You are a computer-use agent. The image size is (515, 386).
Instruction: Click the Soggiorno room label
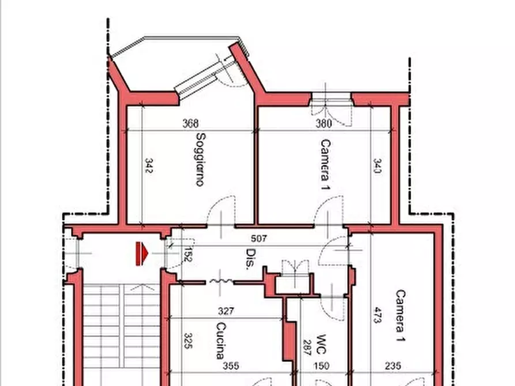[x=201, y=159]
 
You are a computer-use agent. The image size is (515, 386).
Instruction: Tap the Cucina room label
[x=221, y=340]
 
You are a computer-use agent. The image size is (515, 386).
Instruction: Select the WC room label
[x=321, y=345]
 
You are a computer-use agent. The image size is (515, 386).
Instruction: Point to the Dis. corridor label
[x=251, y=259]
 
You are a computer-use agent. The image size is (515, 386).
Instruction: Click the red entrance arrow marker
[x=142, y=253]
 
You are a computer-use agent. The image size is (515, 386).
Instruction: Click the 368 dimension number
[x=190, y=123]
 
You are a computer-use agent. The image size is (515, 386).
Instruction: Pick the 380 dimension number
[x=324, y=123]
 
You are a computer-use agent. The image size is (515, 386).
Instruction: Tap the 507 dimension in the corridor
[x=259, y=239]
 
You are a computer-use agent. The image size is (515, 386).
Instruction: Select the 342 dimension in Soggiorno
[x=149, y=166]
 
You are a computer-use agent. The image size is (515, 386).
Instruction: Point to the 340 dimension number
[x=378, y=166]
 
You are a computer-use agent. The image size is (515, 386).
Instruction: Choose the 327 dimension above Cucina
[x=226, y=311]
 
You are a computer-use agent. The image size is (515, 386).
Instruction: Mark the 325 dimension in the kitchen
[x=188, y=340]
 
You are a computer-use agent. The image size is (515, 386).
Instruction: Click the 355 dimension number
[x=231, y=366]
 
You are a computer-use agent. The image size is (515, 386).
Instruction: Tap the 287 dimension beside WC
[x=307, y=347]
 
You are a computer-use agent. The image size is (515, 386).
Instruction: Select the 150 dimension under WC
[x=321, y=366]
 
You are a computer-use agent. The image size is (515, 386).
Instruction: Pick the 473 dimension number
[x=378, y=315]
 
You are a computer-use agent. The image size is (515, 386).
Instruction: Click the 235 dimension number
[x=393, y=366]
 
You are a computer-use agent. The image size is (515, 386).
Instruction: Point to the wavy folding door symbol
[x=221, y=281]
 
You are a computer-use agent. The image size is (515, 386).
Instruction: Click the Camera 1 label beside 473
[x=401, y=316]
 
